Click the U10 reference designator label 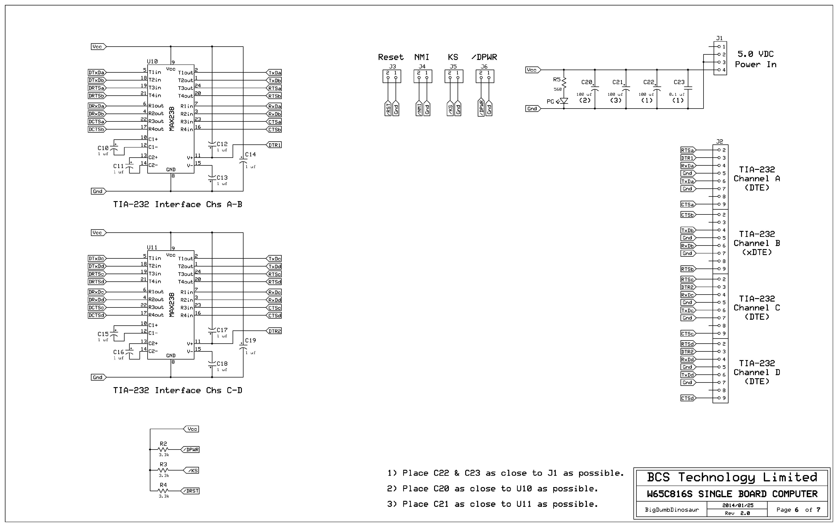152,62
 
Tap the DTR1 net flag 274,145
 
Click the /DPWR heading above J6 484,57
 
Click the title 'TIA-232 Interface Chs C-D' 177,390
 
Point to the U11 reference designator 152,247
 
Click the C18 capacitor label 222,364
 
